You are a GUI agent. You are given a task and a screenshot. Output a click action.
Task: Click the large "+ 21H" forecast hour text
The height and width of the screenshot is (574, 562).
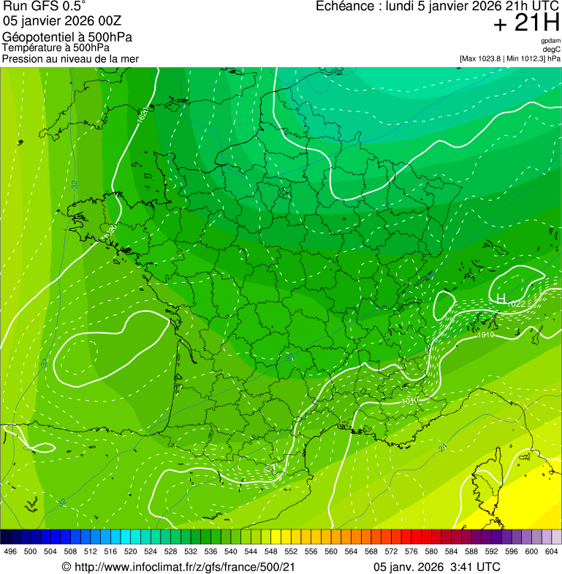(526, 24)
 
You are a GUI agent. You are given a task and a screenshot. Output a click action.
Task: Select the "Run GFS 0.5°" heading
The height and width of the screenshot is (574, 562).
(45, 7)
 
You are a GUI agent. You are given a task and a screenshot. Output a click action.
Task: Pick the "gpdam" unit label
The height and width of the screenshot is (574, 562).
(550, 41)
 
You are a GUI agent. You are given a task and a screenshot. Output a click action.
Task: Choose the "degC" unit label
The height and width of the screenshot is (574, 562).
(552, 49)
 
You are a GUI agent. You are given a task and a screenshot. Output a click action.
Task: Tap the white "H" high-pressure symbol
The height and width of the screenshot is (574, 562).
(501, 298)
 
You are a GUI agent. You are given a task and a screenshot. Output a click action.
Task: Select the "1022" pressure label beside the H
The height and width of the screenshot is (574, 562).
(516, 303)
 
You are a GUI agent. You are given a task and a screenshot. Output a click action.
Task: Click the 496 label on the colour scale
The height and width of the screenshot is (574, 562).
(10, 551)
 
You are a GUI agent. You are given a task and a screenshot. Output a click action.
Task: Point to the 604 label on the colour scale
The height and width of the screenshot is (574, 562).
(551, 551)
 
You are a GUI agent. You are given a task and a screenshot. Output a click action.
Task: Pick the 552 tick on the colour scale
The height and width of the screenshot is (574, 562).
(290, 551)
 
